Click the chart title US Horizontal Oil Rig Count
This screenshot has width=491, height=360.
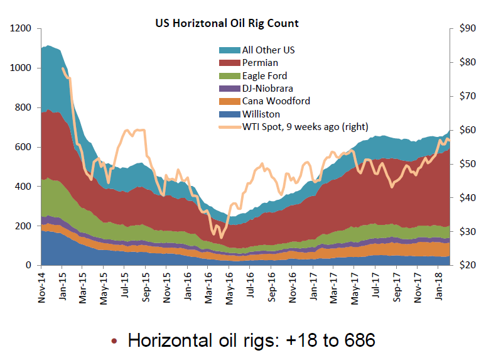pos(227,23)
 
